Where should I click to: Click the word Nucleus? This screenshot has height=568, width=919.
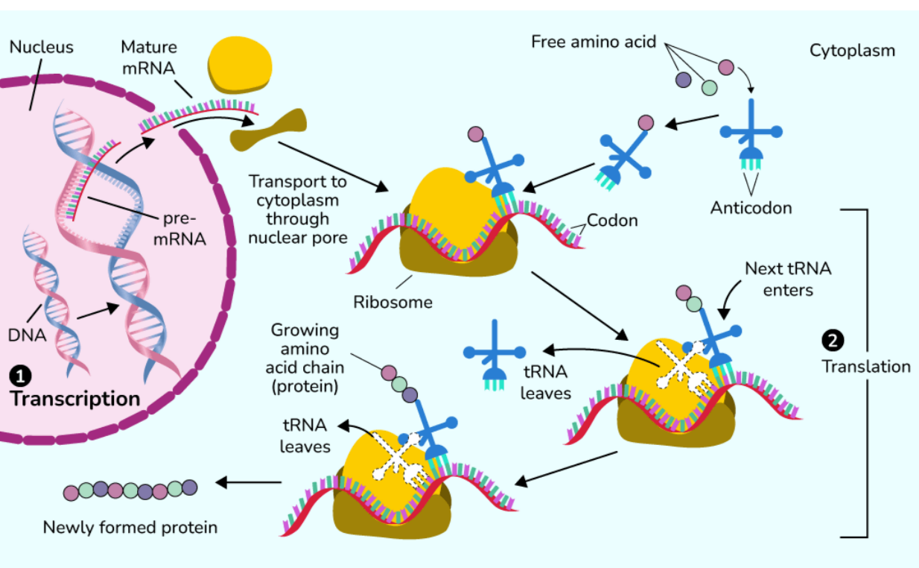tap(41, 47)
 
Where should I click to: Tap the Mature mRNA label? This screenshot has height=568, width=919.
tap(149, 57)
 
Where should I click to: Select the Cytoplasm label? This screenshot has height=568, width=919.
tap(852, 51)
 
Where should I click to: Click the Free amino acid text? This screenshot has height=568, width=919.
tap(594, 42)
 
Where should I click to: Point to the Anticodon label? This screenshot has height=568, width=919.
tap(751, 207)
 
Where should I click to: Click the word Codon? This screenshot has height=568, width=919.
tap(612, 221)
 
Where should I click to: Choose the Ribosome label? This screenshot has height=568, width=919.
tap(392, 302)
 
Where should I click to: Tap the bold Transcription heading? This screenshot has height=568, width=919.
tap(75, 399)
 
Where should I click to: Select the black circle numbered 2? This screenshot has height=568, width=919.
tap(831, 341)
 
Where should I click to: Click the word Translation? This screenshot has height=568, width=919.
tap(866, 367)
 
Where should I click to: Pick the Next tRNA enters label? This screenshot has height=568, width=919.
tap(788, 279)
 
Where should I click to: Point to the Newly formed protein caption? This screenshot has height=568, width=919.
tap(130, 528)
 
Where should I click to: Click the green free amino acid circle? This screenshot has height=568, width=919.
tap(709, 88)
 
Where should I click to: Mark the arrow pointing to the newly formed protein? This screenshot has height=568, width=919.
tap(248, 483)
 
